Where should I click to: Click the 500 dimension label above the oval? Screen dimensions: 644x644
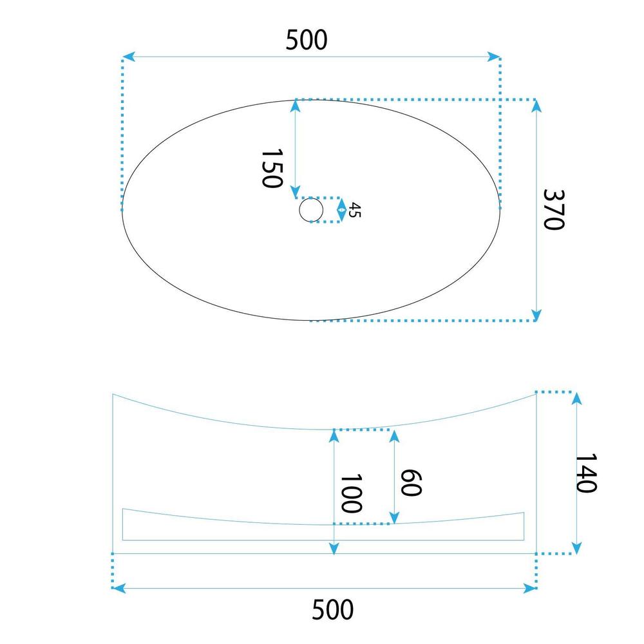click(307, 40)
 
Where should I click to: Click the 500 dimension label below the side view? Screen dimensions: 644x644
click(332, 609)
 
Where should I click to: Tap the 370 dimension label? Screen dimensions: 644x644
click(554, 209)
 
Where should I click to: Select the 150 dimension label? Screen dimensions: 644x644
click(272, 168)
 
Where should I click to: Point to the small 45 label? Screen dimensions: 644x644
click(355, 210)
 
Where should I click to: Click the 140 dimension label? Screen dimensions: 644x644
click(585, 473)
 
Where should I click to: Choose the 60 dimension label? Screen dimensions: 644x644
click(411, 482)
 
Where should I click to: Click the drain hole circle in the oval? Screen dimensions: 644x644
click(311, 210)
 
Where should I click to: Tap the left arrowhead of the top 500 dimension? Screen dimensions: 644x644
click(129, 57)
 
